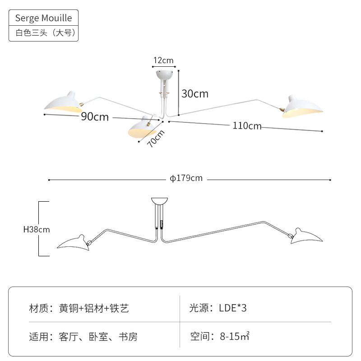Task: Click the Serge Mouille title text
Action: [43, 18]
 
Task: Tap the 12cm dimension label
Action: [163, 60]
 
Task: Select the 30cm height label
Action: [195, 94]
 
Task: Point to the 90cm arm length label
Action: [95, 116]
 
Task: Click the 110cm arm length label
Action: [247, 126]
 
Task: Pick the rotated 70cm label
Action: [156, 139]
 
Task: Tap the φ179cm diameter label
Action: [186, 178]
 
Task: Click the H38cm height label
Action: [37, 229]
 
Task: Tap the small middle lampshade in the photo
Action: [141, 127]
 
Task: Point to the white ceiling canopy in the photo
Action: [164, 75]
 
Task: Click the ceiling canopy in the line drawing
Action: [159, 200]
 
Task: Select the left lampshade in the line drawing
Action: [74, 243]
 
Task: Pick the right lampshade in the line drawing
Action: [306, 236]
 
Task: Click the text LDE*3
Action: [232, 308]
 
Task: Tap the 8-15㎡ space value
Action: [235, 336]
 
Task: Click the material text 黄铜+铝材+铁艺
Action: [94, 308]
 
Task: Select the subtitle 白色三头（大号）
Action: [46, 32]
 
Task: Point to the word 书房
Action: [128, 337]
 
